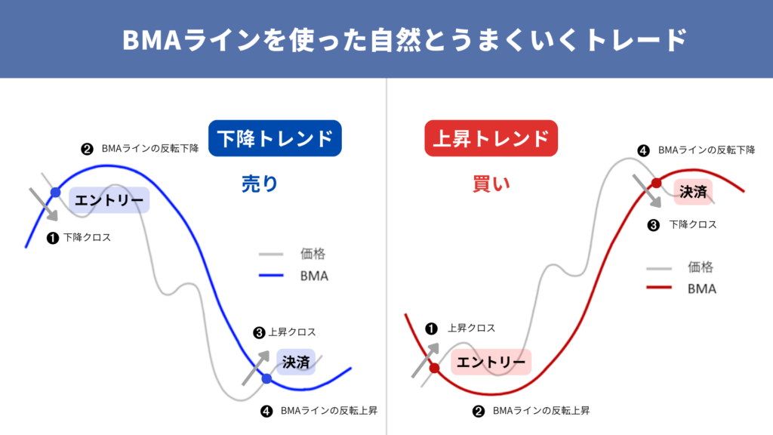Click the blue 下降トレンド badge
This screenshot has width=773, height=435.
pyautogui.click(x=275, y=138)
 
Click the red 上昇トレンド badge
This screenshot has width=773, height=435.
pyautogui.click(x=491, y=138)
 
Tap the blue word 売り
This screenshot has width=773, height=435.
pyautogui.click(x=260, y=184)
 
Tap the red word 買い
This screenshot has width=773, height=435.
pyautogui.click(x=491, y=184)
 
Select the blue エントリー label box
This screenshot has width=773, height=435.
pyautogui.click(x=109, y=200)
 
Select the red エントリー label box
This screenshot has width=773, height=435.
pyautogui.click(x=491, y=362)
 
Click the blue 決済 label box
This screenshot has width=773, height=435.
pyautogui.click(x=296, y=362)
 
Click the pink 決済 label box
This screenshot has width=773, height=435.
pyautogui.click(x=693, y=191)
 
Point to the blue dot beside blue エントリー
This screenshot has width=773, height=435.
pyautogui.click(x=56, y=193)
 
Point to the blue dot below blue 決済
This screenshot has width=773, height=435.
pyautogui.click(x=266, y=379)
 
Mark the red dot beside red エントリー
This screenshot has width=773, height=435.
pyautogui.click(x=434, y=368)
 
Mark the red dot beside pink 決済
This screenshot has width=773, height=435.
pyautogui.click(x=656, y=184)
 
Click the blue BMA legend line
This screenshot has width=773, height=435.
pyautogui.click(x=271, y=275)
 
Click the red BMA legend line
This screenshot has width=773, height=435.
pyautogui.click(x=659, y=288)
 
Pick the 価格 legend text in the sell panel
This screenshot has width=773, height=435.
pyautogui.click(x=313, y=254)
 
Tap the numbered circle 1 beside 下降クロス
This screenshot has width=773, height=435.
pyautogui.click(x=53, y=238)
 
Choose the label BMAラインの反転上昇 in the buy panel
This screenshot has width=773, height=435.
pyautogui.click(x=541, y=411)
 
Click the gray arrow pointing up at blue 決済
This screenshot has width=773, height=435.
pyautogui.click(x=256, y=368)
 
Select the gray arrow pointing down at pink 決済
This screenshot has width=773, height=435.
pyautogui.click(x=647, y=191)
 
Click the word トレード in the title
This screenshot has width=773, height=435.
pyautogui.click(x=636, y=39)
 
